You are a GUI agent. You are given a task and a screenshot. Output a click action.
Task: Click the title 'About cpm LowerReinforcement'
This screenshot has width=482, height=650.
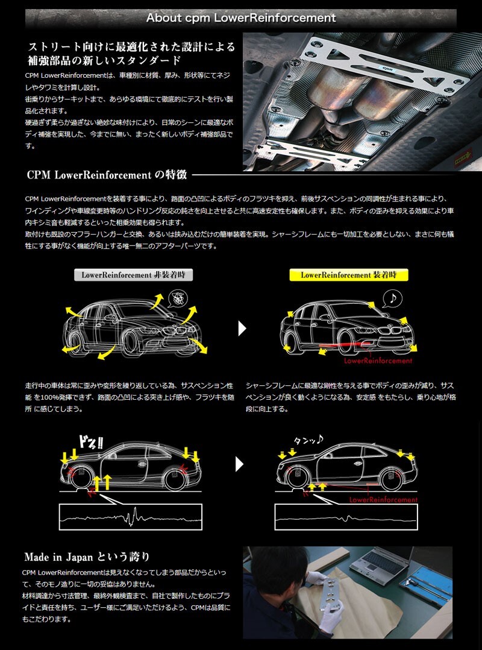241,17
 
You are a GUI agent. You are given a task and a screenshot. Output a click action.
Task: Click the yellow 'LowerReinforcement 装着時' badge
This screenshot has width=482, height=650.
348,275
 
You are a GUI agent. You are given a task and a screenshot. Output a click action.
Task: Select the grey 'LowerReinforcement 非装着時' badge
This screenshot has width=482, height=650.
133,275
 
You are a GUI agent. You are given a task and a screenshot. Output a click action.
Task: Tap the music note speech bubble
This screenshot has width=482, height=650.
392,298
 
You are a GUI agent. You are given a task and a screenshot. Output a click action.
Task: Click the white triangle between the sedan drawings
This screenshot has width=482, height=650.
242,328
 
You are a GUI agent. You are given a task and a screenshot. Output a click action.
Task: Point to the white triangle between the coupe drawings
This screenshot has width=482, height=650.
240,464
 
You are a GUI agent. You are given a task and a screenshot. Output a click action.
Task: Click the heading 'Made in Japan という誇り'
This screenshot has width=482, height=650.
87,557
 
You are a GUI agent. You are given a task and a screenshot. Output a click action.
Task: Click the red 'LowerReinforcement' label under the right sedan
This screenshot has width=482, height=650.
378,361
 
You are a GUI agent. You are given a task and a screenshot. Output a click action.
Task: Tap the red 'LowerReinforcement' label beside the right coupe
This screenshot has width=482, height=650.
384,500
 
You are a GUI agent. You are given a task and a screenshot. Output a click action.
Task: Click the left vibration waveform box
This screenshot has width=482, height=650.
130,517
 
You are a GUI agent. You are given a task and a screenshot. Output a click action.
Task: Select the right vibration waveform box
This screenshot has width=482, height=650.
346,517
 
